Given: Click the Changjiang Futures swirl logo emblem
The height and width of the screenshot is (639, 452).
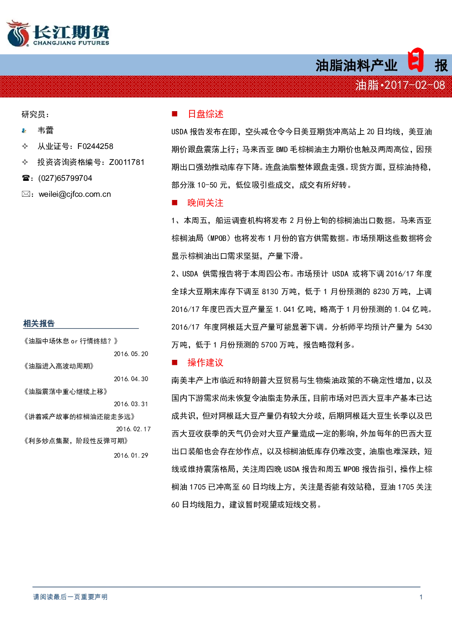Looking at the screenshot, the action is [x=18, y=33].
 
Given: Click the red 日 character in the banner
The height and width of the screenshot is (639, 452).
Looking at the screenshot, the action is [x=416, y=60].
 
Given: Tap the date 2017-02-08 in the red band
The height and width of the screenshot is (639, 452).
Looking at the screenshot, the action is [x=415, y=85].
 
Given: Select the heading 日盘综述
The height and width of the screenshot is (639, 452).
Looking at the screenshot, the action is [x=205, y=114].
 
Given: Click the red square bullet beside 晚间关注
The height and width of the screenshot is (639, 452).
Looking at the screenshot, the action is [x=175, y=203].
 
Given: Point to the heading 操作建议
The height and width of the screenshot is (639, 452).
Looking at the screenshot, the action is [x=205, y=363].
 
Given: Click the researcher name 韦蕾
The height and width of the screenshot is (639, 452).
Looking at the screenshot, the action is [x=46, y=130].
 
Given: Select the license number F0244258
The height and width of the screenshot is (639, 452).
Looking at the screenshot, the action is [x=95, y=146].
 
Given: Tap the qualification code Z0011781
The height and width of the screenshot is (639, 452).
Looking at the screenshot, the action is [x=127, y=162].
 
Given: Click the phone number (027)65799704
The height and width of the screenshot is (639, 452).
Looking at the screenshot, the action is [x=65, y=178].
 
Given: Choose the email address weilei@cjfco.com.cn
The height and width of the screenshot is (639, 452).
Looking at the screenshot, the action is [x=75, y=194].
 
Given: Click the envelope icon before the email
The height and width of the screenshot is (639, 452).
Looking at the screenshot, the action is [x=26, y=194].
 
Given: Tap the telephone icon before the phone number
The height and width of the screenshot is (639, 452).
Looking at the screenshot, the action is [x=26, y=178].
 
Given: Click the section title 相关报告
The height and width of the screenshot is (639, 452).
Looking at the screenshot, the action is [x=39, y=323].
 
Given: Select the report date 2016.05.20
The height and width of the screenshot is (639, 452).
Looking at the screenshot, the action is [x=131, y=354].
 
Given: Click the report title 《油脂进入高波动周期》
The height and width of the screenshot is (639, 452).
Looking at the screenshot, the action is [x=59, y=366].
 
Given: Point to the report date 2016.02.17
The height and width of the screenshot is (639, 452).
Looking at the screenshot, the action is [x=133, y=429].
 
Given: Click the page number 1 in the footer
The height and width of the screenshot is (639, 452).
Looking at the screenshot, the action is [x=421, y=597].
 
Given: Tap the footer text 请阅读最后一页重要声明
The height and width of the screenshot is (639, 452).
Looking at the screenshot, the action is [x=70, y=597].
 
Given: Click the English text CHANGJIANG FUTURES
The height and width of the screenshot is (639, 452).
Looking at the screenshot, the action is [x=71, y=43].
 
